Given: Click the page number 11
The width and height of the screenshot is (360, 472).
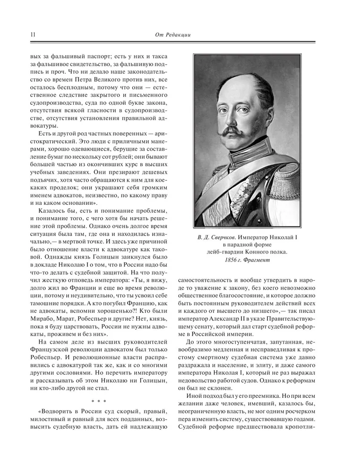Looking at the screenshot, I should (32, 34).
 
